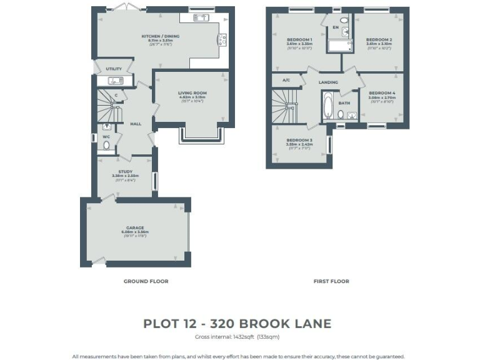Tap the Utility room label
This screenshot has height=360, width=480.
(x=114, y=69)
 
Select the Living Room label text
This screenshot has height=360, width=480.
(x=192, y=93)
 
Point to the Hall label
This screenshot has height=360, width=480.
(x=135, y=124)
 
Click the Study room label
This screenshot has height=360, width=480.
(x=126, y=171)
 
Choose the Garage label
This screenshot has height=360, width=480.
(x=135, y=227)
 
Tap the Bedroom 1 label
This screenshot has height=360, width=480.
(x=299, y=39)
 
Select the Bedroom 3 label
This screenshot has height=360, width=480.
(x=299, y=140)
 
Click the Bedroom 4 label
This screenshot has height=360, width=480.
(x=381, y=93)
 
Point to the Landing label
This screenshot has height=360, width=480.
(x=328, y=82)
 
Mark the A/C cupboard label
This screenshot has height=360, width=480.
(x=286, y=80)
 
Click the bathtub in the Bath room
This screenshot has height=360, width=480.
(x=328, y=106)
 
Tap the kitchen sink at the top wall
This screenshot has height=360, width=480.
(x=201, y=17)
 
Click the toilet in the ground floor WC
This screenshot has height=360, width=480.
(x=106, y=146)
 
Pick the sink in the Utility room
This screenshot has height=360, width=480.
(x=114, y=81)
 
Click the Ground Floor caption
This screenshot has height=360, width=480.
(x=146, y=281)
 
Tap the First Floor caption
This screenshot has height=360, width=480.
(x=331, y=281)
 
